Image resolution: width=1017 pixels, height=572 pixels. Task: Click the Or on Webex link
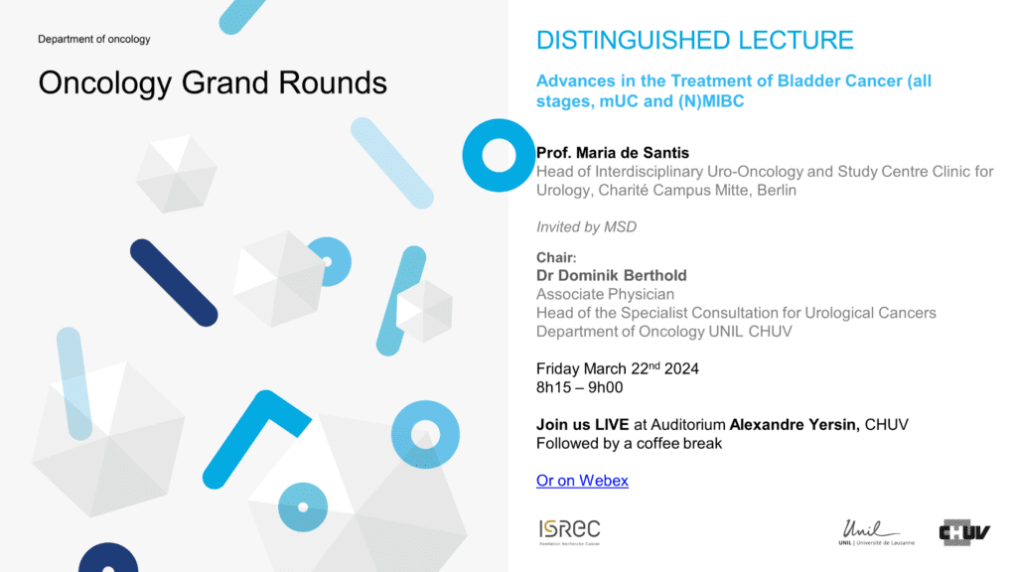582,481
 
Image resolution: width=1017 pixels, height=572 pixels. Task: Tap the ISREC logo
569,532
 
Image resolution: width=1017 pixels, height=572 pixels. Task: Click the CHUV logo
964,532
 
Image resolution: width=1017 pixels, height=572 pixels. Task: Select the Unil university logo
876,532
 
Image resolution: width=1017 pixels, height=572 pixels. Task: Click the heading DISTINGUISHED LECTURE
694,40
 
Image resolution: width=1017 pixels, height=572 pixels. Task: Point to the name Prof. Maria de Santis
612,153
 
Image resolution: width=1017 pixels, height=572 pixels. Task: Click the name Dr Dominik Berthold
611,276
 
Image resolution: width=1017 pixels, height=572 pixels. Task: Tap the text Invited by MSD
586,227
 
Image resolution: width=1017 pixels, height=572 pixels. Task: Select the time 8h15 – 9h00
579,388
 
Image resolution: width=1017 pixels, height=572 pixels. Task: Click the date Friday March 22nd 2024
618,368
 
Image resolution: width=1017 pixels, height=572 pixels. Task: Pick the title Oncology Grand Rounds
213,83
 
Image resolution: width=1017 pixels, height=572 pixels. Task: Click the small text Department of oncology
94,39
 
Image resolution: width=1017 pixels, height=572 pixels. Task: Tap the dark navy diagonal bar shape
174,283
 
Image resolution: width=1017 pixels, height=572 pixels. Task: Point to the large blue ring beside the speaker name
472,155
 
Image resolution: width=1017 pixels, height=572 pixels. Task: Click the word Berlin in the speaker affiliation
777,190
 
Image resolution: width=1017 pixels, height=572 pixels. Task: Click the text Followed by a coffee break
629,444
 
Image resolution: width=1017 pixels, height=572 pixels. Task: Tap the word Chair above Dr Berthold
554,257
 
